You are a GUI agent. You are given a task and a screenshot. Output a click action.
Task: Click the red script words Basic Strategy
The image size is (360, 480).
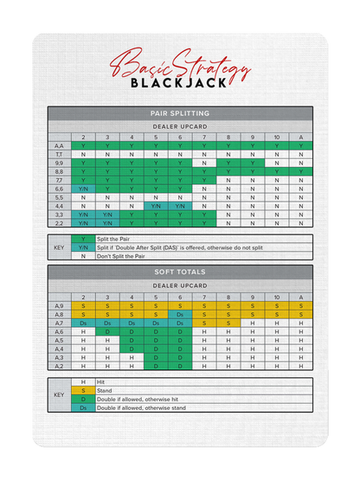click(179, 65)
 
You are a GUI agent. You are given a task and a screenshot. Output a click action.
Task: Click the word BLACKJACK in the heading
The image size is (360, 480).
click(179, 83)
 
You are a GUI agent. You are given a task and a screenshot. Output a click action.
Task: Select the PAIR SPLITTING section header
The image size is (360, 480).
click(179, 113)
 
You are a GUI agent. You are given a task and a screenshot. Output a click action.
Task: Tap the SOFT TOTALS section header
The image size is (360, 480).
click(179, 272)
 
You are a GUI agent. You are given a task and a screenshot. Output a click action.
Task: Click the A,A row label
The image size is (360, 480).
click(59, 146)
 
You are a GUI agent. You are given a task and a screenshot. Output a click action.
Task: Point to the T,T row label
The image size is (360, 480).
click(59, 154)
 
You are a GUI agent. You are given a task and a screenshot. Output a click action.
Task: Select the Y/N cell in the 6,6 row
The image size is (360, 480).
click(83, 188)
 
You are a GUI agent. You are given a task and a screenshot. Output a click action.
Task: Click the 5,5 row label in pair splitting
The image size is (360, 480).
click(59, 196)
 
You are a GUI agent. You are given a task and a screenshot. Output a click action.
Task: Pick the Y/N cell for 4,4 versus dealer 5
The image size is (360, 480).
click(156, 205)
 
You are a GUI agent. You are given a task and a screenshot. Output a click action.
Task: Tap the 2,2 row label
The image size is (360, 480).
click(59, 222)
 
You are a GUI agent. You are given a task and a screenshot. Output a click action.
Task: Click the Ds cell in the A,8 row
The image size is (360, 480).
click(180, 314)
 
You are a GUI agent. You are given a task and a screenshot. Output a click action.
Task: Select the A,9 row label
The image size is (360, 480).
click(59, 305)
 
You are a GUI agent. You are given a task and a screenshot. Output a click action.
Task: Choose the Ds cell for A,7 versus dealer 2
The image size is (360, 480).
click(83, 323)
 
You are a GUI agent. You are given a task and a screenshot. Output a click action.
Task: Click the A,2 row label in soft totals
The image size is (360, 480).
click(59, 366)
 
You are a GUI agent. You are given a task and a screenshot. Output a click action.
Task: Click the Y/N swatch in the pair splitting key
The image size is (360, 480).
click(83, 247)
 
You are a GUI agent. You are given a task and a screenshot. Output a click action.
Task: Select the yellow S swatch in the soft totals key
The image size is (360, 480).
click(83, 391)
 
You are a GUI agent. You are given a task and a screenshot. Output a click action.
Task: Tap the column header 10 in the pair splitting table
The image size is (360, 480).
click(277, 138)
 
